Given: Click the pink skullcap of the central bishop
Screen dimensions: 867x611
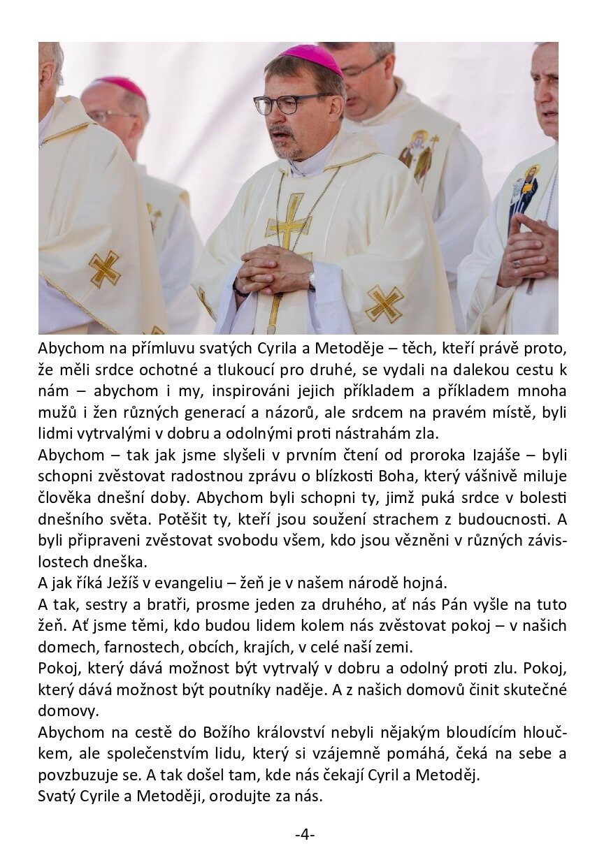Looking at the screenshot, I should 312,58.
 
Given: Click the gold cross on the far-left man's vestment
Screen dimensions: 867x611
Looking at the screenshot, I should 104,270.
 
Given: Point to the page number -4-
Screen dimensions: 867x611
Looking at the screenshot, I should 305,834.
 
